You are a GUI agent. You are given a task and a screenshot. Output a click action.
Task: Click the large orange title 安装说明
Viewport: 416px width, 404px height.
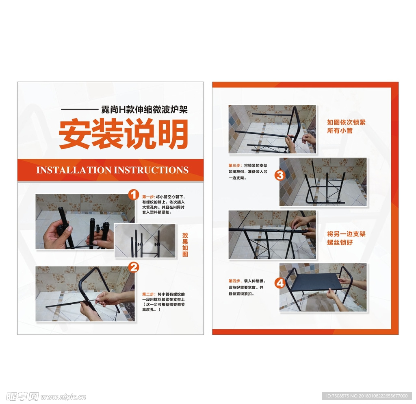123,135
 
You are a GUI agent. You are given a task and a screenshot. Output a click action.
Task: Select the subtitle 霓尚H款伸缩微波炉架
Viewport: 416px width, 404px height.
144,109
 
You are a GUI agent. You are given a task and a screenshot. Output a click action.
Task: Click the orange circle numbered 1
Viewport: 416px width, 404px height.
134,195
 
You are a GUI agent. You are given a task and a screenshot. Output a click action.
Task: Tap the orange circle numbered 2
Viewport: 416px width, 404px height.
134,267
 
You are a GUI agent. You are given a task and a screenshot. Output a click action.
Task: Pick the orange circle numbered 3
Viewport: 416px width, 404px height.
280,175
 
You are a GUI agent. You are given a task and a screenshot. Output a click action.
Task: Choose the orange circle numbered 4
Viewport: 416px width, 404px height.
280,282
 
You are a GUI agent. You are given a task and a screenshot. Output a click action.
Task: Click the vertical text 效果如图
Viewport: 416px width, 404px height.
185,245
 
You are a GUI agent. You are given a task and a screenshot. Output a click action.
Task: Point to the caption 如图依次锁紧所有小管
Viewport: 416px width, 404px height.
346,126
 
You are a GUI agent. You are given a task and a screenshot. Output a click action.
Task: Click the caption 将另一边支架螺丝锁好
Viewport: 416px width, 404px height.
346,238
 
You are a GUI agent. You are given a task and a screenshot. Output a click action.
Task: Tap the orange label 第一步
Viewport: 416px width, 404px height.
148,197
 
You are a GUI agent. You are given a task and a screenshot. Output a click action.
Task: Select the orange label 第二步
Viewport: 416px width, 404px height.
148,294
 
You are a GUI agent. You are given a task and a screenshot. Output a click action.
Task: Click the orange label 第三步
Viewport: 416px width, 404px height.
235,166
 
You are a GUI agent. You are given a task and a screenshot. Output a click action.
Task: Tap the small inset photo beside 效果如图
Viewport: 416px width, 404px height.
145,240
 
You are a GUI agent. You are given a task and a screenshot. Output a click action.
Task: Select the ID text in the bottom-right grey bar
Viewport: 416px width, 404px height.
368,396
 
